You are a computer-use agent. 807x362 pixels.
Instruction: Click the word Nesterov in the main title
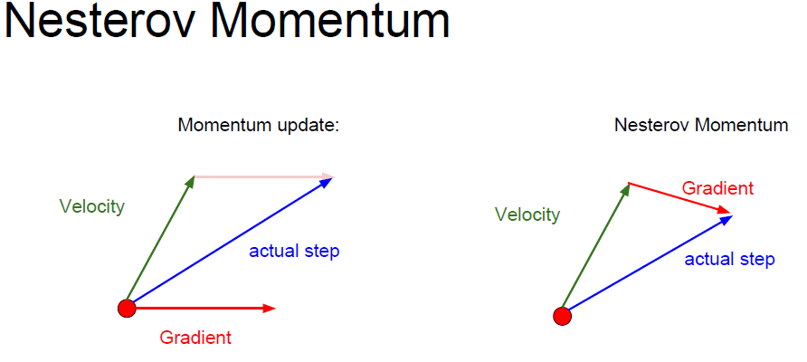tap(104, 21)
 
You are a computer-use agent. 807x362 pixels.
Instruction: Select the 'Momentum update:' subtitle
tap(259, 125)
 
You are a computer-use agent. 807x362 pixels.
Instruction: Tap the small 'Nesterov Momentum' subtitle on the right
tap(701, 125)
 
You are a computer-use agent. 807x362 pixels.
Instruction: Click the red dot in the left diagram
tap(127, 309)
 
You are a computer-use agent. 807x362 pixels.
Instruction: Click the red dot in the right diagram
tap(563, 316)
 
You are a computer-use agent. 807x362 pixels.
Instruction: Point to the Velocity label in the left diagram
tap(92, 207)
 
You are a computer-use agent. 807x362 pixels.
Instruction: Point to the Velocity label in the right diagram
tap(527, 214)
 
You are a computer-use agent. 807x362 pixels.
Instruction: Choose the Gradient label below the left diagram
tap(195, 338)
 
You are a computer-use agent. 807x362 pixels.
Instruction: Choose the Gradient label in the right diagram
tap(718, 188)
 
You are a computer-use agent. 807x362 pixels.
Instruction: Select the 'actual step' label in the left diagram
tap(294, 252)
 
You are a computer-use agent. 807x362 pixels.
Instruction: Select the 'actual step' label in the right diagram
tap(729, 259)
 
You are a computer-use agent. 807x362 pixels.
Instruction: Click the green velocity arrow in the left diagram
tap(160, 242)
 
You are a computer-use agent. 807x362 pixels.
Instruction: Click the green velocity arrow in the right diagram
tap(596, 249)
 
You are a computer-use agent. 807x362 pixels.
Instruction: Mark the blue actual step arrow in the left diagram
tap(231, 243)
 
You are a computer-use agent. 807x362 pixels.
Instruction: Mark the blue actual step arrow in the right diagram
tap(648, 266)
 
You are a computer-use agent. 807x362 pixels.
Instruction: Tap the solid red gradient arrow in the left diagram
tap(201, 309)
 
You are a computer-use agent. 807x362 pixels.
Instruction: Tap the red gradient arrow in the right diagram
tap(679, 197)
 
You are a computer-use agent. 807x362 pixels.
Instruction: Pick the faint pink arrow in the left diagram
tap(264, 176)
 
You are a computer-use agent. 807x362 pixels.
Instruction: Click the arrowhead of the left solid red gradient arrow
tap(270, 309)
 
